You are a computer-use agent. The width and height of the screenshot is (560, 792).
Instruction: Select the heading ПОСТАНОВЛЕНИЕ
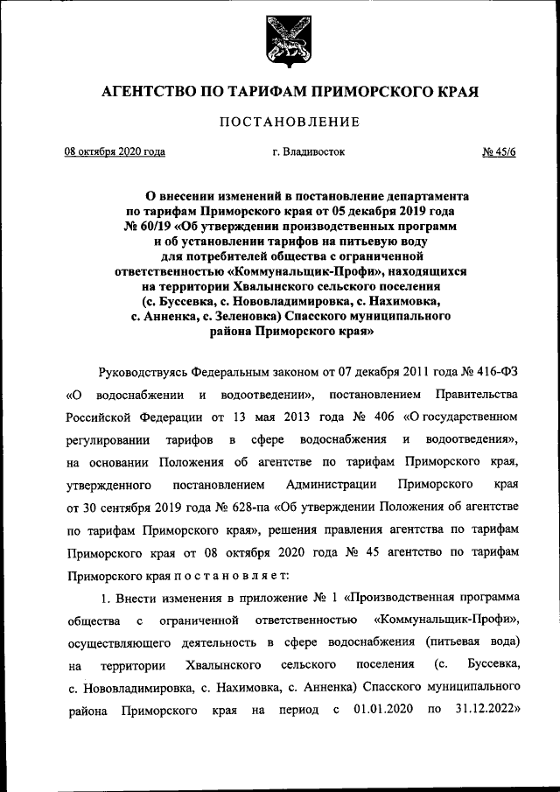click(x=280, y=122)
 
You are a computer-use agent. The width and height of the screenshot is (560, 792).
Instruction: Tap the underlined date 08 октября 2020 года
click(x=115, y=151)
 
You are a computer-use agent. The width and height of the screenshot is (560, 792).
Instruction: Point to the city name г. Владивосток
click(x=308, y=151)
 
